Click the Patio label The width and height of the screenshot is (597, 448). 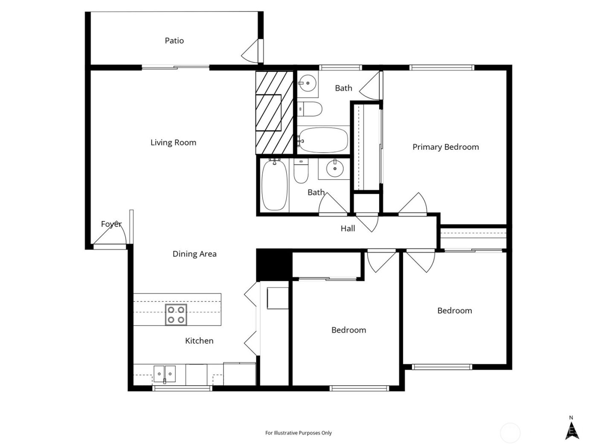pos(174,41)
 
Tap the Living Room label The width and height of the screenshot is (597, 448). pos(173,143)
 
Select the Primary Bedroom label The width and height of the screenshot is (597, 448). pos(445,147)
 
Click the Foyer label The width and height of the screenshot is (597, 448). pos(111,224)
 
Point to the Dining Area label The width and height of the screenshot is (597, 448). pos(194,254)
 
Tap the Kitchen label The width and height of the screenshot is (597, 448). pos(199,340)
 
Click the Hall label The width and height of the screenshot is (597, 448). pos(348,228)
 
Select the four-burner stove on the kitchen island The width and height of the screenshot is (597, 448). pos(176,315)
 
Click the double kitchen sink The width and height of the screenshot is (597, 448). pos(164,374)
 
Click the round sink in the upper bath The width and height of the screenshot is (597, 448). pos(307,82)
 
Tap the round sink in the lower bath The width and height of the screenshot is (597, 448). pos(335,169)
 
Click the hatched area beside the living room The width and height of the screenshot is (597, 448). pos(274,113)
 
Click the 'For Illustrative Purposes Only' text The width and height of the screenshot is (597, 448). pos(298,433)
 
